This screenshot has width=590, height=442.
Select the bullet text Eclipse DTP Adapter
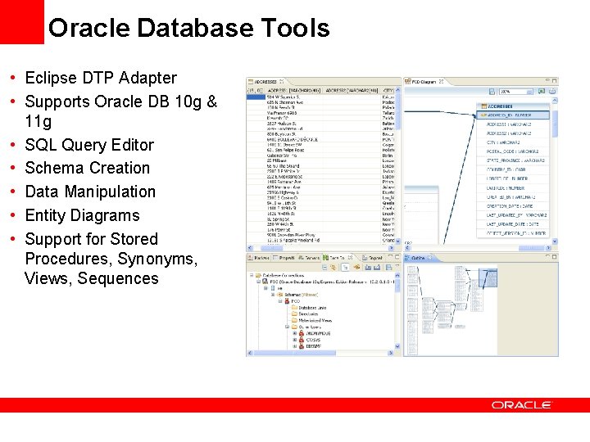(x=101, y=78)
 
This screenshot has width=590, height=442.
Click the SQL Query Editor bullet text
(x=89, y=145)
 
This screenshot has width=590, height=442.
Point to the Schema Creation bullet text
(x=88, y=168)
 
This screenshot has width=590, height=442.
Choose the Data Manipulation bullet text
(x=90, y=192)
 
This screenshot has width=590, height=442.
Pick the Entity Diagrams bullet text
(x=83, y=215)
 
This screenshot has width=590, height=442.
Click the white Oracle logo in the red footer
(x=522, y=404)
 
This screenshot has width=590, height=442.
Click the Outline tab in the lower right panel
(x=418, y=258)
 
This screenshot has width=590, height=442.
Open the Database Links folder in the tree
(x=312, y=308)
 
